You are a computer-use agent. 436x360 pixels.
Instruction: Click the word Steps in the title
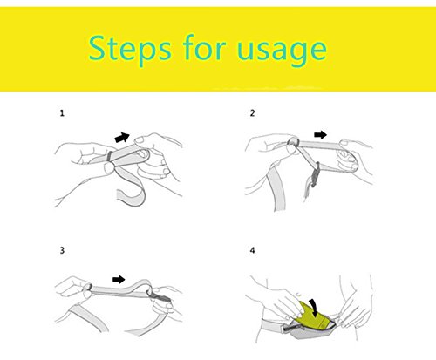tap(130, 50)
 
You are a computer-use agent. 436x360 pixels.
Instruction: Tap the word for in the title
tap(205, 47)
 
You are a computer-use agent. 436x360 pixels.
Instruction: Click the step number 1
tap(62, 113)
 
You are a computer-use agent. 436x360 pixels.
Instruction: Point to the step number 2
tap(252, 113)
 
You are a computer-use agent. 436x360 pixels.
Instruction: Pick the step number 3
tap(62, 250)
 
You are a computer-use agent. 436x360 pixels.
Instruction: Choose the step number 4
tap(252, 250)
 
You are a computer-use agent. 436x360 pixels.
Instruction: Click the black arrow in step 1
tap(122, 137)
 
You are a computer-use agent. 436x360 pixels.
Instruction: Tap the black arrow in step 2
tap(320, 134)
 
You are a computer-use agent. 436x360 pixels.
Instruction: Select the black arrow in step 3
tap(119, 280)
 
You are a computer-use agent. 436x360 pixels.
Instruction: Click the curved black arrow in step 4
tap(313, 309)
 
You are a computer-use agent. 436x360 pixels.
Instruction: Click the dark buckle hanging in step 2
tap(316, 174)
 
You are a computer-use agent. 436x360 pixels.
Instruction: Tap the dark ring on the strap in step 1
tap(110, 156)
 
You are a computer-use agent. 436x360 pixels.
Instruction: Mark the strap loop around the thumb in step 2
tap(293, 142)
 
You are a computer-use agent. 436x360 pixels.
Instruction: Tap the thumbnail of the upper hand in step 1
tap(140, 140)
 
